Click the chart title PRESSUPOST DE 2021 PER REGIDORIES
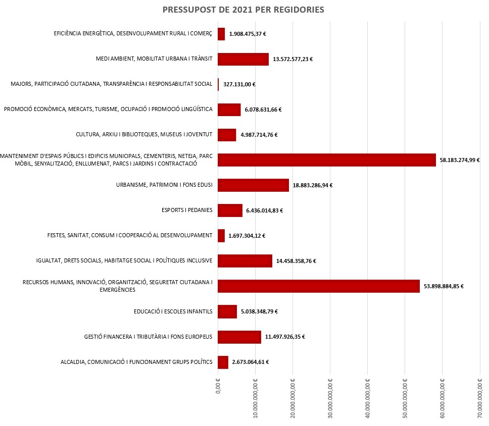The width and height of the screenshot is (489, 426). [243, 10]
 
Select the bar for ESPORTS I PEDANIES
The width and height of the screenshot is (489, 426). [230, 210]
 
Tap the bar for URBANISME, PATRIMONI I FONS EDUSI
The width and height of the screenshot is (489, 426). [253, 185]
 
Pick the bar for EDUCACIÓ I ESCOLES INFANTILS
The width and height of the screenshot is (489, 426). [227, 311]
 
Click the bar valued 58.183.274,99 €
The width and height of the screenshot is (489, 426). [326, 160]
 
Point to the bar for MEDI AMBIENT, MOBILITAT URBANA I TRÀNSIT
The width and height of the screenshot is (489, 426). [243, 59]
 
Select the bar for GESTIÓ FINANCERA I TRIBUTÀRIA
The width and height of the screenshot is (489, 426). [239, 337]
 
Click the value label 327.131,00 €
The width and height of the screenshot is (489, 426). [239, 84]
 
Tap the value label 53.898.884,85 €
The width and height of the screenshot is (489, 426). [444, 286]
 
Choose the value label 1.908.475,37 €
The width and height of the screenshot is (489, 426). [248, 34]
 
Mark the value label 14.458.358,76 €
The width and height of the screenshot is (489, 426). [296, 261]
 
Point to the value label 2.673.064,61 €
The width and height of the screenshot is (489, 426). [250, 362]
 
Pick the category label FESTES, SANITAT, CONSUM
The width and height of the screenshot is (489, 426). [130, 236]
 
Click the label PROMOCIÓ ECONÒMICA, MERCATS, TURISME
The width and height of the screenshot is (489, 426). [108, 110]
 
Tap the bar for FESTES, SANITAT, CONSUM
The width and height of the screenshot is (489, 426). [221, 236]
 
